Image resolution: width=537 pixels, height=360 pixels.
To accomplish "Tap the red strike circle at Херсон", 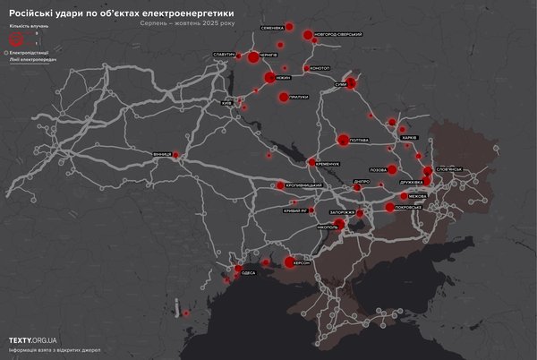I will tap(289, 261).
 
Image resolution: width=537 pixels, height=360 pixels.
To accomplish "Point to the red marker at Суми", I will tap(351, 84).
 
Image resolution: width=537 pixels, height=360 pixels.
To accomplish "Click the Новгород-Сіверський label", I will tap(338, 34).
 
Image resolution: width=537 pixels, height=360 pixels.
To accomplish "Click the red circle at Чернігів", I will tap(252, 57).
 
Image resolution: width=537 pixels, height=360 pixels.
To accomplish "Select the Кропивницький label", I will tap(303, 185).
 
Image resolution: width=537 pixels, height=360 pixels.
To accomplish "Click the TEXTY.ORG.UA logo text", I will tap(33, 340).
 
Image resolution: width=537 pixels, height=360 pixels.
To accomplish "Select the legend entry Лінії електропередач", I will tap(30, 60).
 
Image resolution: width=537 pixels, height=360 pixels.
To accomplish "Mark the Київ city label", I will tap(226, 103).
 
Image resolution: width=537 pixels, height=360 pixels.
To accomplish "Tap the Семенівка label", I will tap(272, 27).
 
